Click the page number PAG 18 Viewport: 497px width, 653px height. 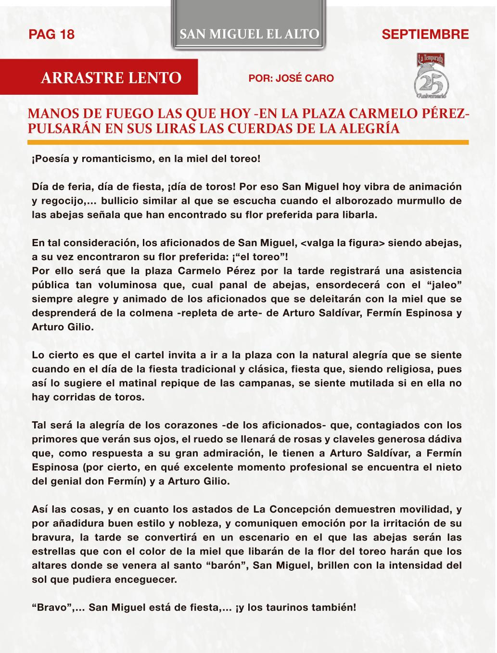52,34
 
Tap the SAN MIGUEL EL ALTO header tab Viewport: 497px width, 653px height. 249,34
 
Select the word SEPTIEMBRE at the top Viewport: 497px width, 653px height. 424,34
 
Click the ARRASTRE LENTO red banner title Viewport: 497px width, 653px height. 111,77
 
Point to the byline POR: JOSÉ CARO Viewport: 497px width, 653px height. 291,78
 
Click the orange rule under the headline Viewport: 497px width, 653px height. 248,142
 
